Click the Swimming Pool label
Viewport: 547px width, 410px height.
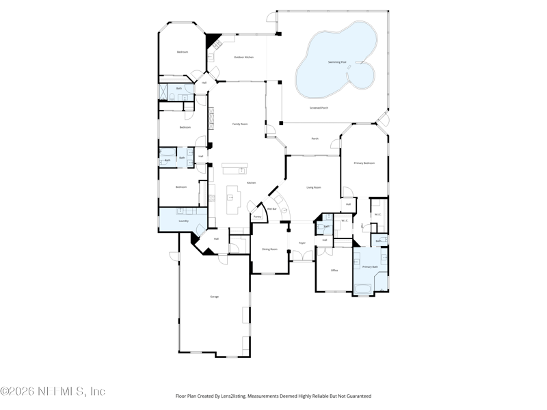point(337,62)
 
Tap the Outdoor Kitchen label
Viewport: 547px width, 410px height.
point(244,57)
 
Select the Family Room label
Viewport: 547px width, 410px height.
point(240,124)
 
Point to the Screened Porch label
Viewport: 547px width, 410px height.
point(319,108)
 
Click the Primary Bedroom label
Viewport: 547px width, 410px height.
point(364,163)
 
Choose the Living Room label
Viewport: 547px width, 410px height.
point(314,187)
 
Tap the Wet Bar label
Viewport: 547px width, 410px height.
point(271,209)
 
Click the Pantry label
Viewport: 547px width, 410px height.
point(257,217)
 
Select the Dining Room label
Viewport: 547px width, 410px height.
point(270,249)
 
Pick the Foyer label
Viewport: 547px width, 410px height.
point(302,243)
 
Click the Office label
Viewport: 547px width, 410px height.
point(334,271)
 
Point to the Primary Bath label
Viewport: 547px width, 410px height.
point(370,266)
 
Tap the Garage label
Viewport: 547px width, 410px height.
point(214,297)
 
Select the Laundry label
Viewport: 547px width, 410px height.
point(183,221)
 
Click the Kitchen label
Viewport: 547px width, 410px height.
point(251,183)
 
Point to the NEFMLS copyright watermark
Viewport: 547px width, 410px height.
point(53,392)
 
